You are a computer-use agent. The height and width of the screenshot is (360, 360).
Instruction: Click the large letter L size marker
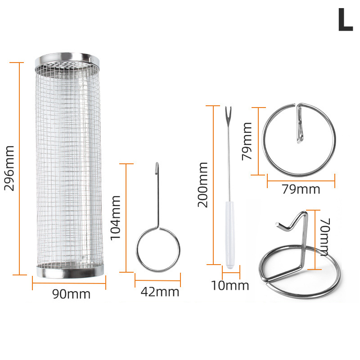click(345, 19)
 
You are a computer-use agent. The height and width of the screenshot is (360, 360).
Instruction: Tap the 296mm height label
click(9, 168)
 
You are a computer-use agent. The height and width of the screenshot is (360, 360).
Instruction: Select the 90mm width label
click(72, 294)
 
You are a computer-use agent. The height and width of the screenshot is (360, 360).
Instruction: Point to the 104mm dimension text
click(116, 218)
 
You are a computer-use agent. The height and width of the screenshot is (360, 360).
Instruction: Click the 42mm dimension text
click(160, 292)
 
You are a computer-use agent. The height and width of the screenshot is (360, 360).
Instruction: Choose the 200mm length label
click(203, 185)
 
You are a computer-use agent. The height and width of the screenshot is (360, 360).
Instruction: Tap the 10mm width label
click(230, 286)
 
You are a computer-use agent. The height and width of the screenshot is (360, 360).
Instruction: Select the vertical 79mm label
click(247, 141)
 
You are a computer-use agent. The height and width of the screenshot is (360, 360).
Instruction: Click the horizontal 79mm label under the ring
click(301, 189)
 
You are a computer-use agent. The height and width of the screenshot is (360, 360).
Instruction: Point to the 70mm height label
click(325, 237)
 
